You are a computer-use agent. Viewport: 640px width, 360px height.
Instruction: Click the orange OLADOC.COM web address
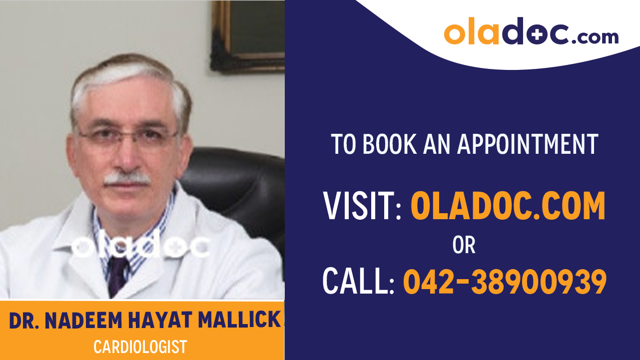[x=508, y=206]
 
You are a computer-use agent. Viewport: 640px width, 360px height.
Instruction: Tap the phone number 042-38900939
[x=505, y=281]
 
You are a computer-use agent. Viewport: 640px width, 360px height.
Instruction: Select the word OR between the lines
[x=464, y=245]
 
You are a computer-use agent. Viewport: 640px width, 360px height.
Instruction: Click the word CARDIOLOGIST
[x=140, y=347]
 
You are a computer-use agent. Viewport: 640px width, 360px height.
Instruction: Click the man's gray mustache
[x=127, y=178]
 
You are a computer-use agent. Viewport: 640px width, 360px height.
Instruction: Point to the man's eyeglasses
[x=127, y=136]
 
